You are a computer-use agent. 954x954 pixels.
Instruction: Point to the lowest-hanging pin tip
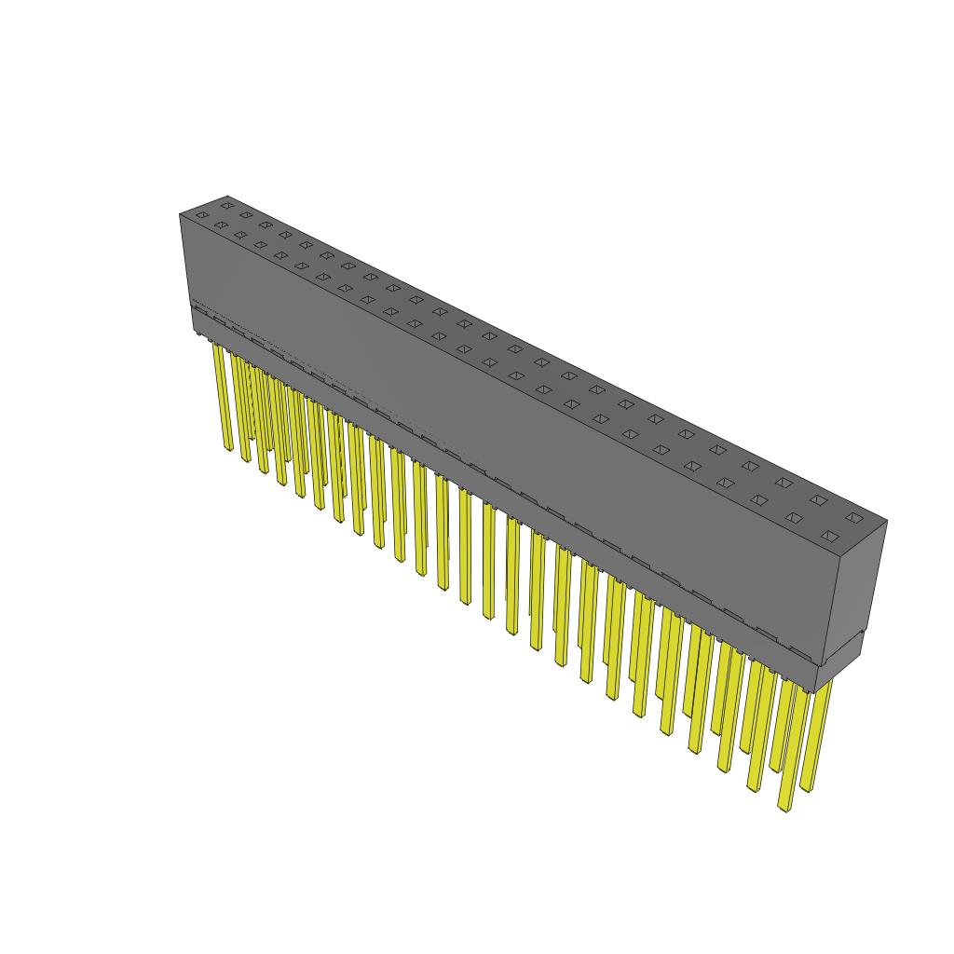pos(784,807)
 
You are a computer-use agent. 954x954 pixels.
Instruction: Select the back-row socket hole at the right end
pos(852,517)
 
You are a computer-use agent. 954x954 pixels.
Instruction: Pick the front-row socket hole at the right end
pos(828,536)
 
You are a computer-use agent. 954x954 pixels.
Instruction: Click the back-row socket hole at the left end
pos(225,204)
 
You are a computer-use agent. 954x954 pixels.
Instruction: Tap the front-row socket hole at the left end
pos(201,215)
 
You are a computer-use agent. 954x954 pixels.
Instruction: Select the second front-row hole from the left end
pos(221,225)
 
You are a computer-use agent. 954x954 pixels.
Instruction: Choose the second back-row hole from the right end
pos(818,500)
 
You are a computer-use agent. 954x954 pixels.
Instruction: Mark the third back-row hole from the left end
pos(266,225)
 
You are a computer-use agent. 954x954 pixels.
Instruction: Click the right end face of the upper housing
pos(860,587)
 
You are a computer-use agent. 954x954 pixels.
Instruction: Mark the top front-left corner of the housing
pos(180,214)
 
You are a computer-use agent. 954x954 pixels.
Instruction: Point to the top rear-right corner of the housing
pos(886,521)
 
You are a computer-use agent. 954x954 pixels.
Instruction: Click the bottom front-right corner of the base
pos(815,691)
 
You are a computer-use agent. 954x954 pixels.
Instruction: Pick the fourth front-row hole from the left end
pos(261,245)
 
